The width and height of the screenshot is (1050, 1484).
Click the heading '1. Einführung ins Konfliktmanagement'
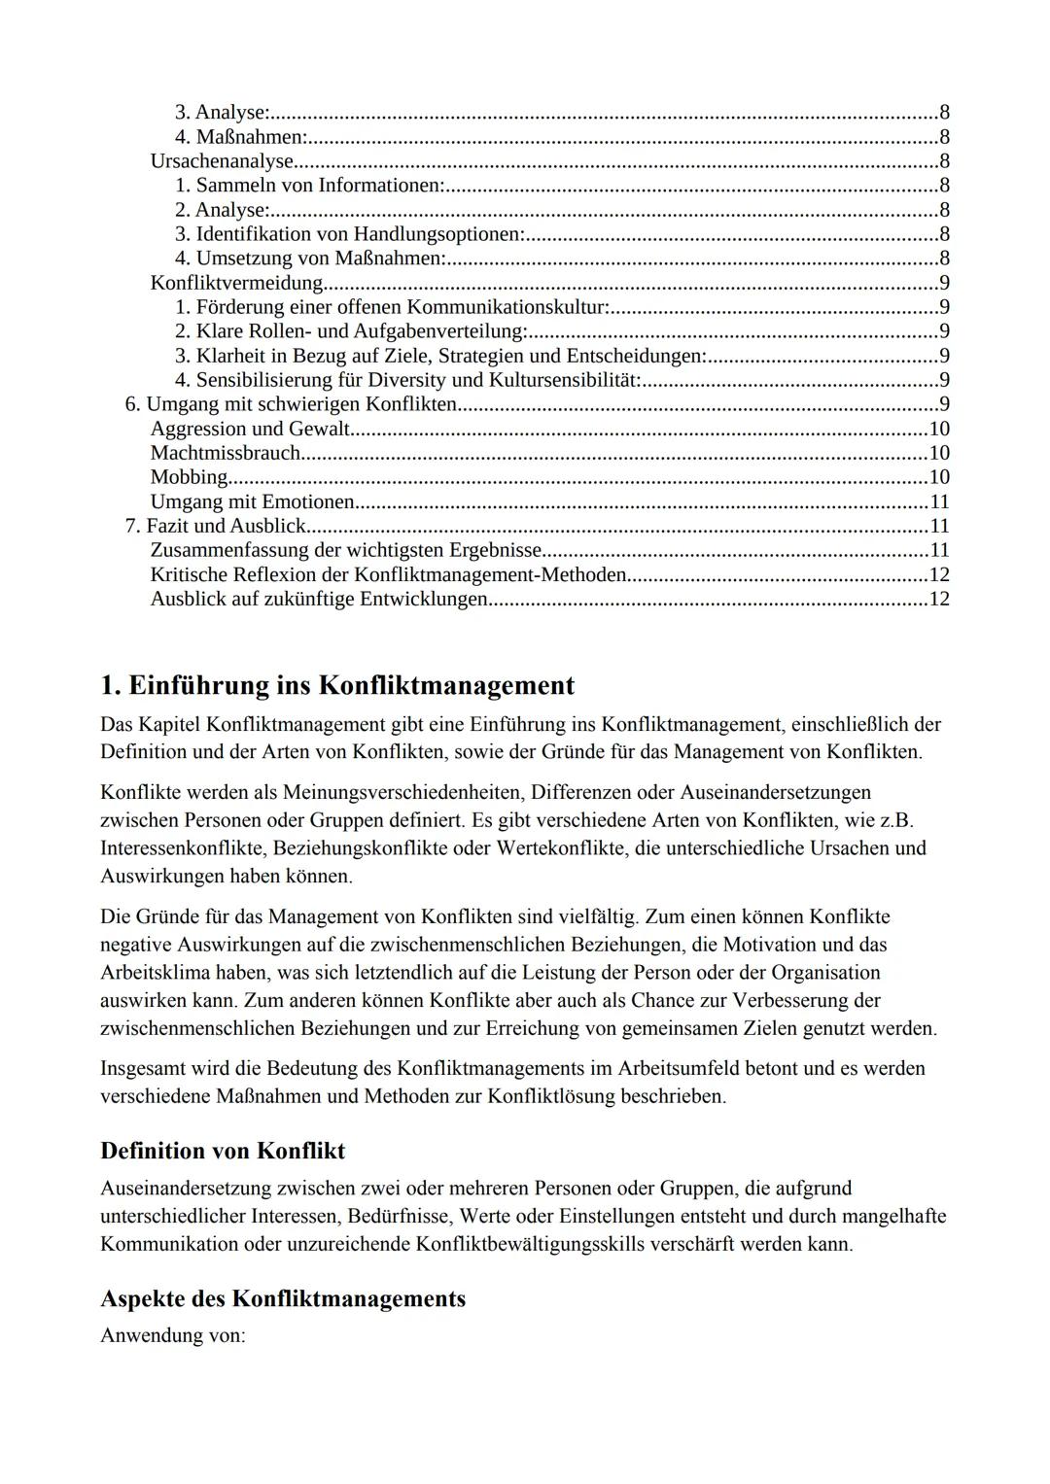tap(336, 685)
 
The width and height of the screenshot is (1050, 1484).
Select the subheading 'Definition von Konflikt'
tap(223, 1151)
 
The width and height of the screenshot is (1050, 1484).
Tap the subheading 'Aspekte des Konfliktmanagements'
tap(282, 1298)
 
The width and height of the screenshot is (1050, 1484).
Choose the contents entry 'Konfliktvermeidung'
tap(236, 283)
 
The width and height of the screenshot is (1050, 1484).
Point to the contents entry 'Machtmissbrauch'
tap(225, 453)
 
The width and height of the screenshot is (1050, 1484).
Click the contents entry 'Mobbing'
tap(189, 477)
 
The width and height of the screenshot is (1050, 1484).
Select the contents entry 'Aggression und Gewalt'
tap(249, 429)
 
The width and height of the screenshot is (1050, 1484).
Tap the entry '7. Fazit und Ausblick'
tap(215, 526)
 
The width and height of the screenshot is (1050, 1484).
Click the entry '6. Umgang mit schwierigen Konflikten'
tap(291, 404)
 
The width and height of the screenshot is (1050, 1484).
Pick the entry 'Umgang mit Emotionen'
tap(252, 501)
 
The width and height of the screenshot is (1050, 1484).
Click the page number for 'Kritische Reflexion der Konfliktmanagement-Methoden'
tap(939, 574)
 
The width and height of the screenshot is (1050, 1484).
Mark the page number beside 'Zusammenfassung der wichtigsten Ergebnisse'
tap(939, 550)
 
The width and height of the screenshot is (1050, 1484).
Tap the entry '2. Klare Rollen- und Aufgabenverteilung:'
tap(350, 331)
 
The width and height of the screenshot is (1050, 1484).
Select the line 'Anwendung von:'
tap(172, 1335)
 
